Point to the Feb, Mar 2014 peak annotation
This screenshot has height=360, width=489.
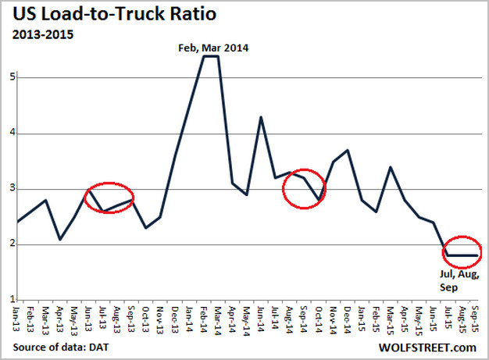pos(209,48)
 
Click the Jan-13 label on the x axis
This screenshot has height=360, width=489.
pos(18,315)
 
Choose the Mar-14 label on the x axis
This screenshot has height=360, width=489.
pos(218,315)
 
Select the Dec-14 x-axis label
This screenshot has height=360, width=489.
pos(347,315)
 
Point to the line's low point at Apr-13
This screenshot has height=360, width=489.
pos(61,239)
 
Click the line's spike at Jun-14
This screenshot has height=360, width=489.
pos(261,117)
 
